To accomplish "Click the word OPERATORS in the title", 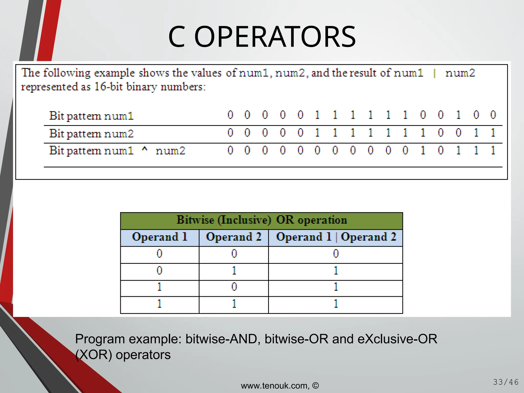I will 275,37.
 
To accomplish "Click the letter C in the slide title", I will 177,37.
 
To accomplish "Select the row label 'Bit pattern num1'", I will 91,116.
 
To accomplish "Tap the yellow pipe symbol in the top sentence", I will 434,73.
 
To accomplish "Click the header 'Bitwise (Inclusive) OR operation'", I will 261,220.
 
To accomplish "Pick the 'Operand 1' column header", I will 160,237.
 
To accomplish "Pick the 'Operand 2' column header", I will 234,237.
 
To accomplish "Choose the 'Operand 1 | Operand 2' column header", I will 336,237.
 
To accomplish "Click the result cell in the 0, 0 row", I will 336,254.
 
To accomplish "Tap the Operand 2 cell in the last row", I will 234,304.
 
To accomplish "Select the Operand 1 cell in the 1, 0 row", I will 159,287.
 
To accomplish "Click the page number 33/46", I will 506,382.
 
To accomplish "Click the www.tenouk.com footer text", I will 275,386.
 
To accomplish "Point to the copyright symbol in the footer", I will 316,385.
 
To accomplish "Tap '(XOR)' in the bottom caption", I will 94,355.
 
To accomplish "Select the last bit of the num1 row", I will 493,115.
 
